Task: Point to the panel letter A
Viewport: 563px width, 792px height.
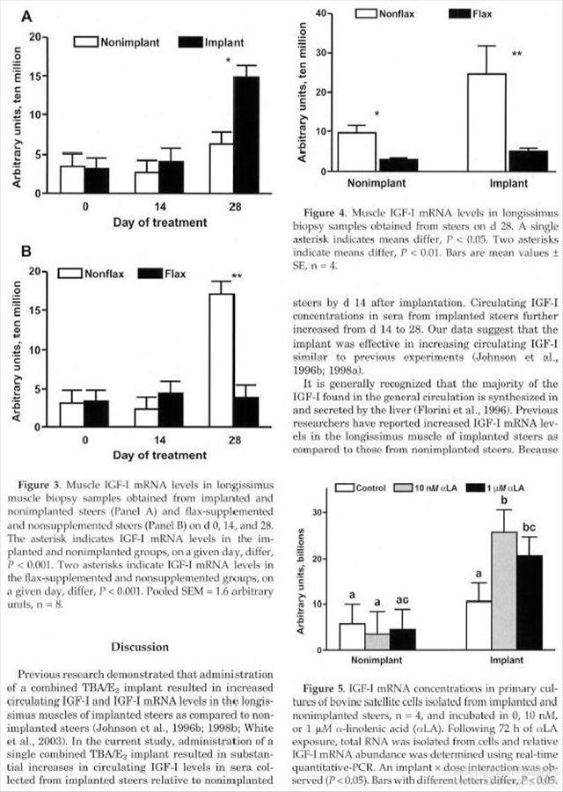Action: (x=26, y=17)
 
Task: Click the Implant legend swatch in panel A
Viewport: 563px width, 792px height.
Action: (x=189, y=42)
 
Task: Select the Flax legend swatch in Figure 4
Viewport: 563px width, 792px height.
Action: (x=460, y=14)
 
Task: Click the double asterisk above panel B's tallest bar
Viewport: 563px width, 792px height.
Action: (x=237, y=277)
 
